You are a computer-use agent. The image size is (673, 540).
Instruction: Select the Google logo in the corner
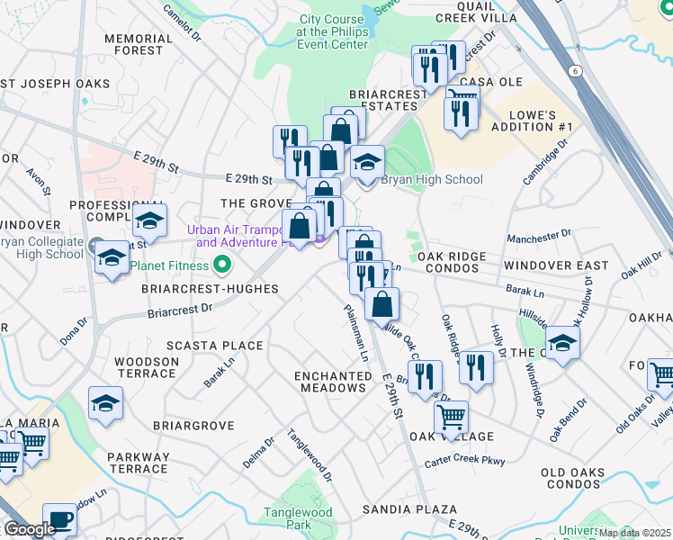30,530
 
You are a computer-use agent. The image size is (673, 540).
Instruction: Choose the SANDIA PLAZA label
409,509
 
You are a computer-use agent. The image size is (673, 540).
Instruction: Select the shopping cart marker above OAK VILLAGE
451,418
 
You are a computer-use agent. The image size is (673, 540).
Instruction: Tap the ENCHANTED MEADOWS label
332,381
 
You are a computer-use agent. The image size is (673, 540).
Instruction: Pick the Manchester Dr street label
539,238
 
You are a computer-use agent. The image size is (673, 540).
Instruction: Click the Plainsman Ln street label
355,332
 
